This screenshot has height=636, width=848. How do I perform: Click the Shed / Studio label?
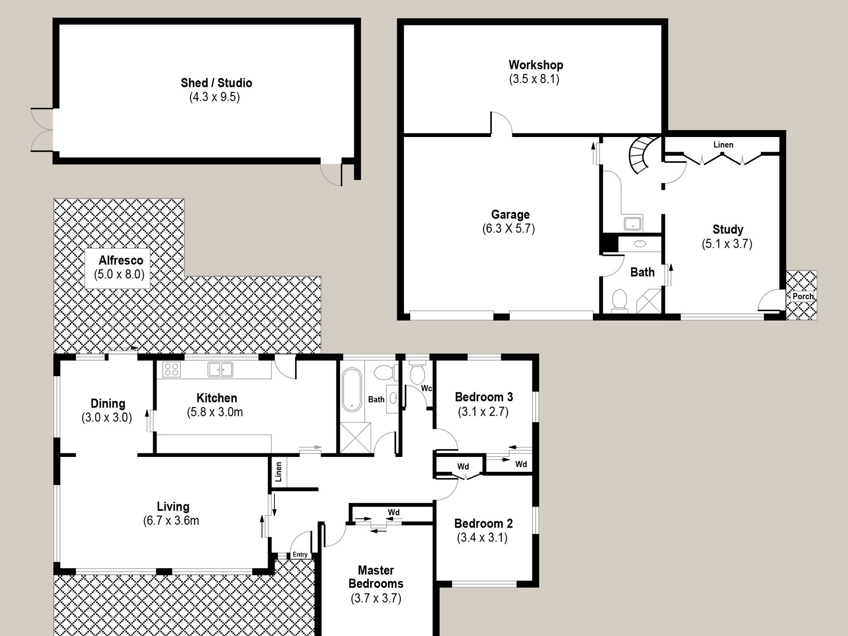pos(216,83)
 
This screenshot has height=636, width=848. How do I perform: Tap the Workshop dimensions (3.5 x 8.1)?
pos(534,79)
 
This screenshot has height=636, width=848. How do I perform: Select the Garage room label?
pos(510,214)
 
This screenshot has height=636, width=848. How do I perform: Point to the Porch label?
pos(803,296)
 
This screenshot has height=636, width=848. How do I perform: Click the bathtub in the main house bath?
pos(352,390)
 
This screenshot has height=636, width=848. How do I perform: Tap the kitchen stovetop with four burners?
pos(171,370)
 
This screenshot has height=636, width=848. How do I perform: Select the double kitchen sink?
pos(220,370)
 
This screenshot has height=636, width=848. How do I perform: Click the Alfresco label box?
pos(117,268)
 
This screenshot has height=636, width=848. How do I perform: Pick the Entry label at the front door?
pos(300,555)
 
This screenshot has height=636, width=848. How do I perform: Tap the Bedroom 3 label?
pos(484,397)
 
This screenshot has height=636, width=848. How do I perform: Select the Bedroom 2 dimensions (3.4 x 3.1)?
pos(482,538)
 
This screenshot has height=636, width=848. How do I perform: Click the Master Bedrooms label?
pos(376,577)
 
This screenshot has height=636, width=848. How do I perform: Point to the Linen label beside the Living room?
pos(279,472)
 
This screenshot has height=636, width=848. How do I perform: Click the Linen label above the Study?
pos(723,145)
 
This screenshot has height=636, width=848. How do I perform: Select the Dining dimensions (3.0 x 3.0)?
pos(107,418)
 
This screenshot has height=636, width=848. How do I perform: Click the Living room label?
pos(173,507)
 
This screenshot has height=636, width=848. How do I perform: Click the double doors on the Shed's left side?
pos(42,129)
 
